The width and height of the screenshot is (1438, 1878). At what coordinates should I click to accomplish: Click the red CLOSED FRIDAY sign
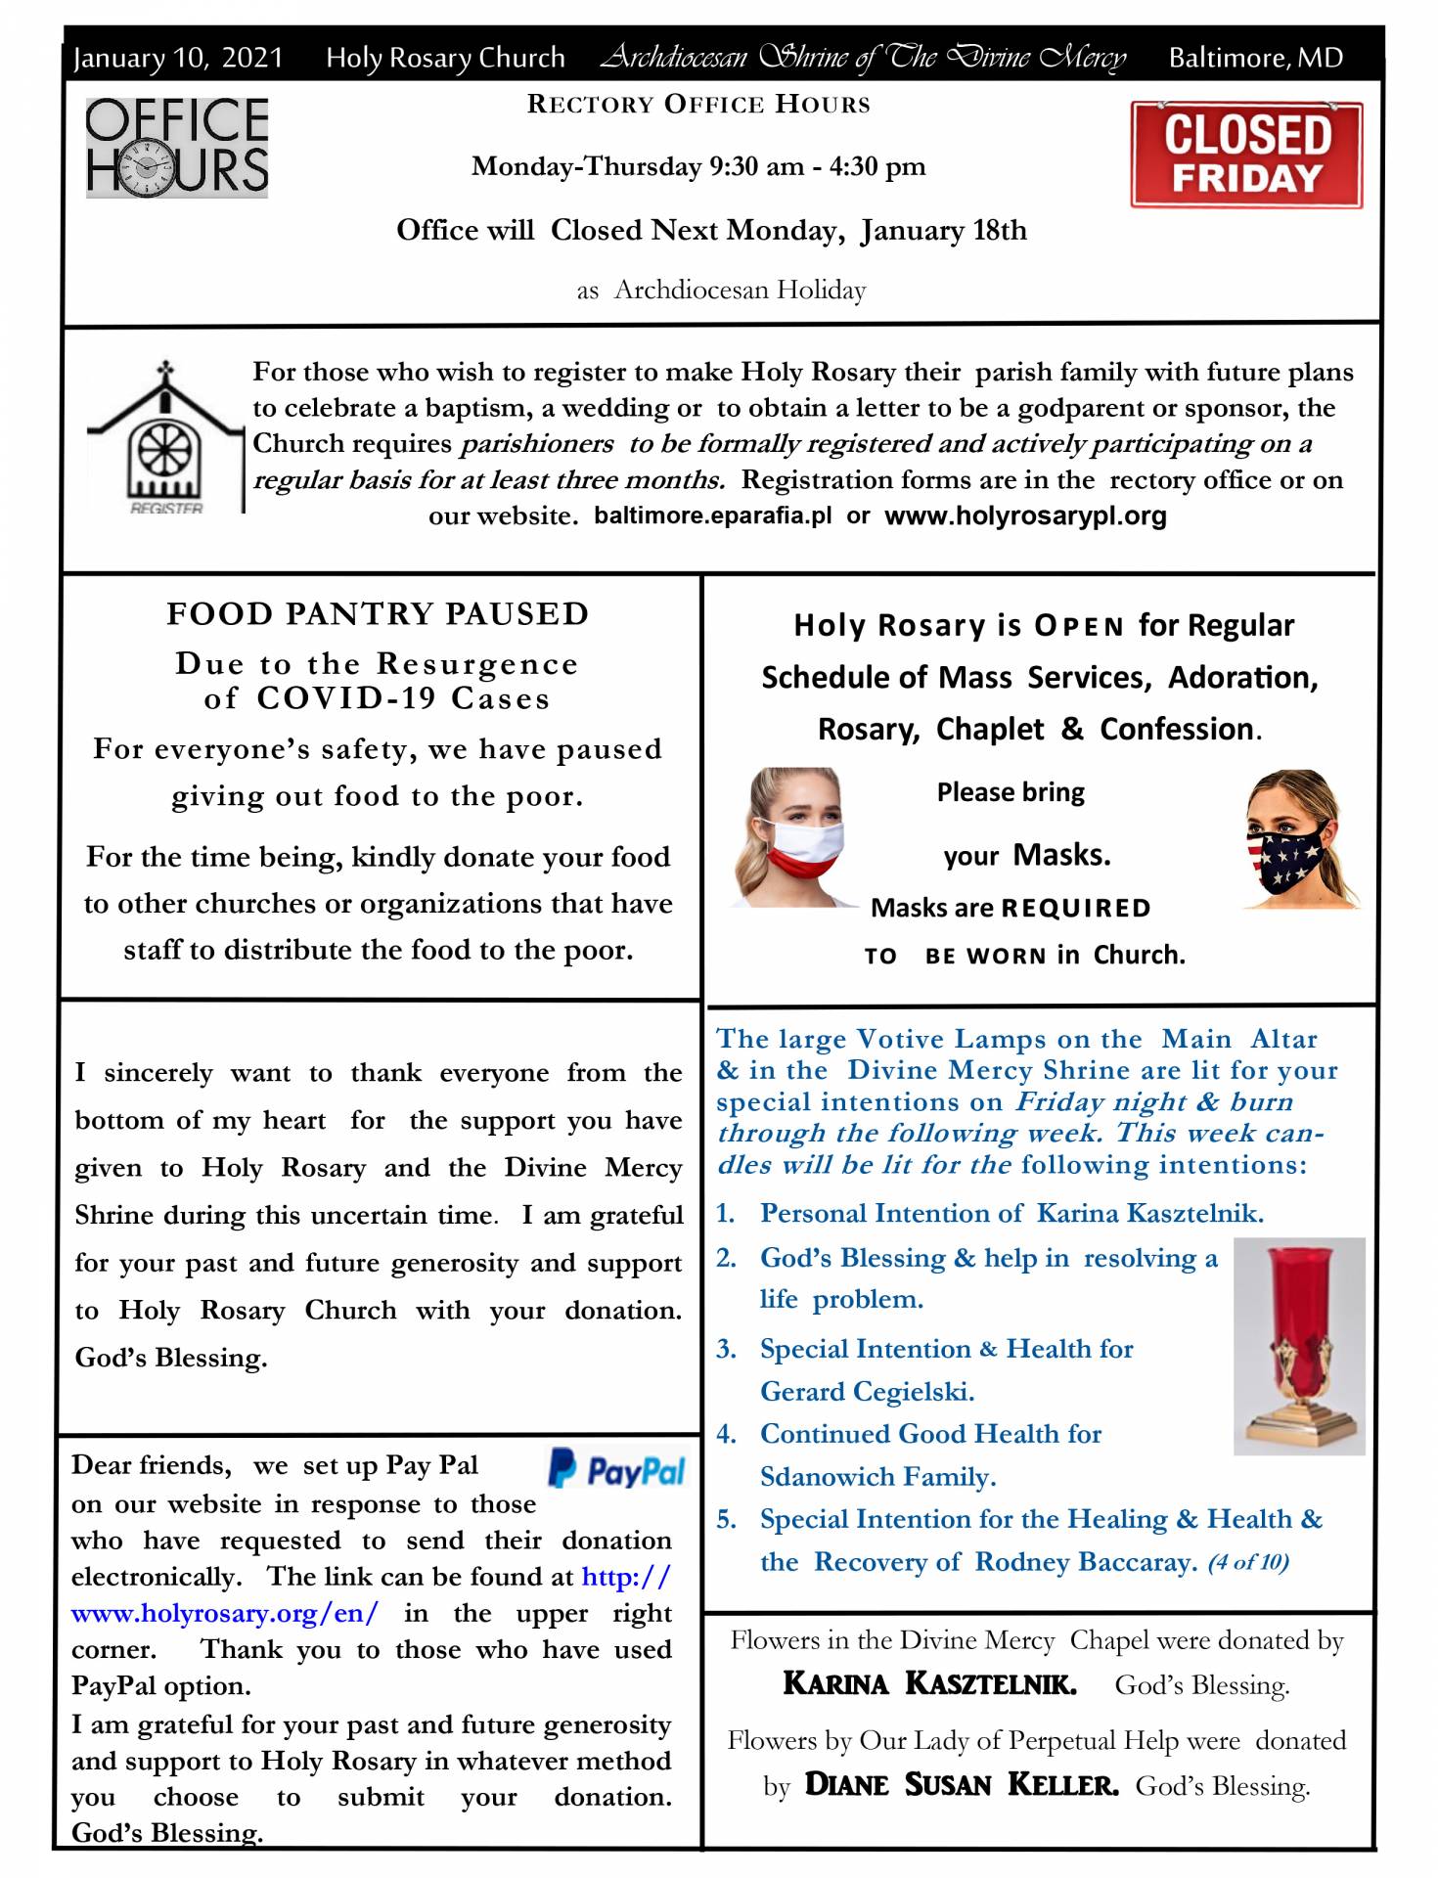pos(1245,155)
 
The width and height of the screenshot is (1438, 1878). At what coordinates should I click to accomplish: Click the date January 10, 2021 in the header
pos(178,58)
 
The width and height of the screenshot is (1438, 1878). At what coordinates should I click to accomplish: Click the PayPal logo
pos(617,1469)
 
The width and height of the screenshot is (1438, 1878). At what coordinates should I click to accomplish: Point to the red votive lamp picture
pos(1298,1345)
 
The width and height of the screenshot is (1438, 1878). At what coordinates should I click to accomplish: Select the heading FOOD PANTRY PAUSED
pos(378,613)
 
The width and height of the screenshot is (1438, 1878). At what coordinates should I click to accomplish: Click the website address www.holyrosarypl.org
pos(1025,515)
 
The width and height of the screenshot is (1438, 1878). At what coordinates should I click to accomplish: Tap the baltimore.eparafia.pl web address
pos(712,515)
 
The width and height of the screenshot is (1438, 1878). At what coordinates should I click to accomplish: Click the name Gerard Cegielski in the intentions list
pos(867,1391)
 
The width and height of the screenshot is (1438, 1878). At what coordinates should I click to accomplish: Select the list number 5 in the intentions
pos(726,1519)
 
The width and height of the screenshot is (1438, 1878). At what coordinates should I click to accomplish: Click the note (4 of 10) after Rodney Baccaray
pos(1247,1562)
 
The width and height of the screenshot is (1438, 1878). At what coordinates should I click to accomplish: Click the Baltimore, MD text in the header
pos(1255,58)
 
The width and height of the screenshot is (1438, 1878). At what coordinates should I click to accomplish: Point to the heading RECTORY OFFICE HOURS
pos(698,105)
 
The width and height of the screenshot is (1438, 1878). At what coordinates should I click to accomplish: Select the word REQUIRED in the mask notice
pos(1075,909)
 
